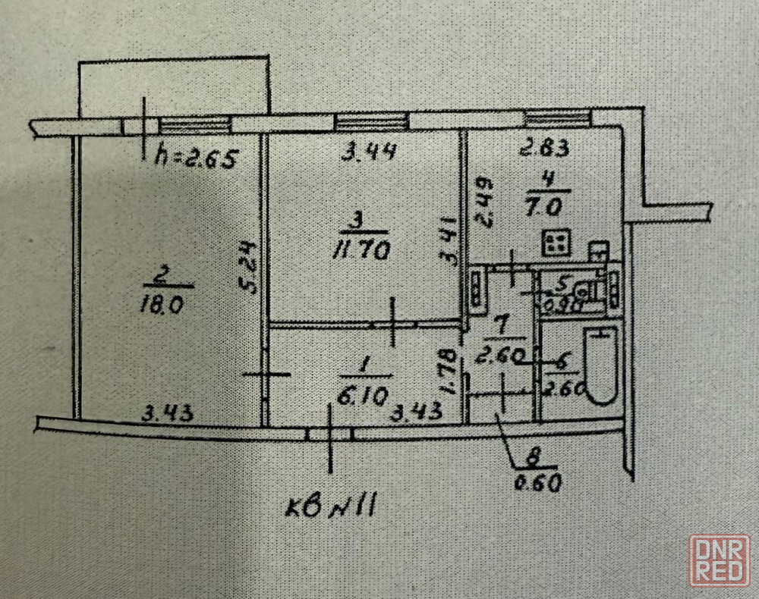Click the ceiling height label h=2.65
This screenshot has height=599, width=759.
pos(197,159)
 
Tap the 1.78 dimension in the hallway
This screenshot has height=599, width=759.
pos(448,372)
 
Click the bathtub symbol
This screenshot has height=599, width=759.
pos(603,365)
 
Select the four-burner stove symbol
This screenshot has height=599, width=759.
pos(557,243)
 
